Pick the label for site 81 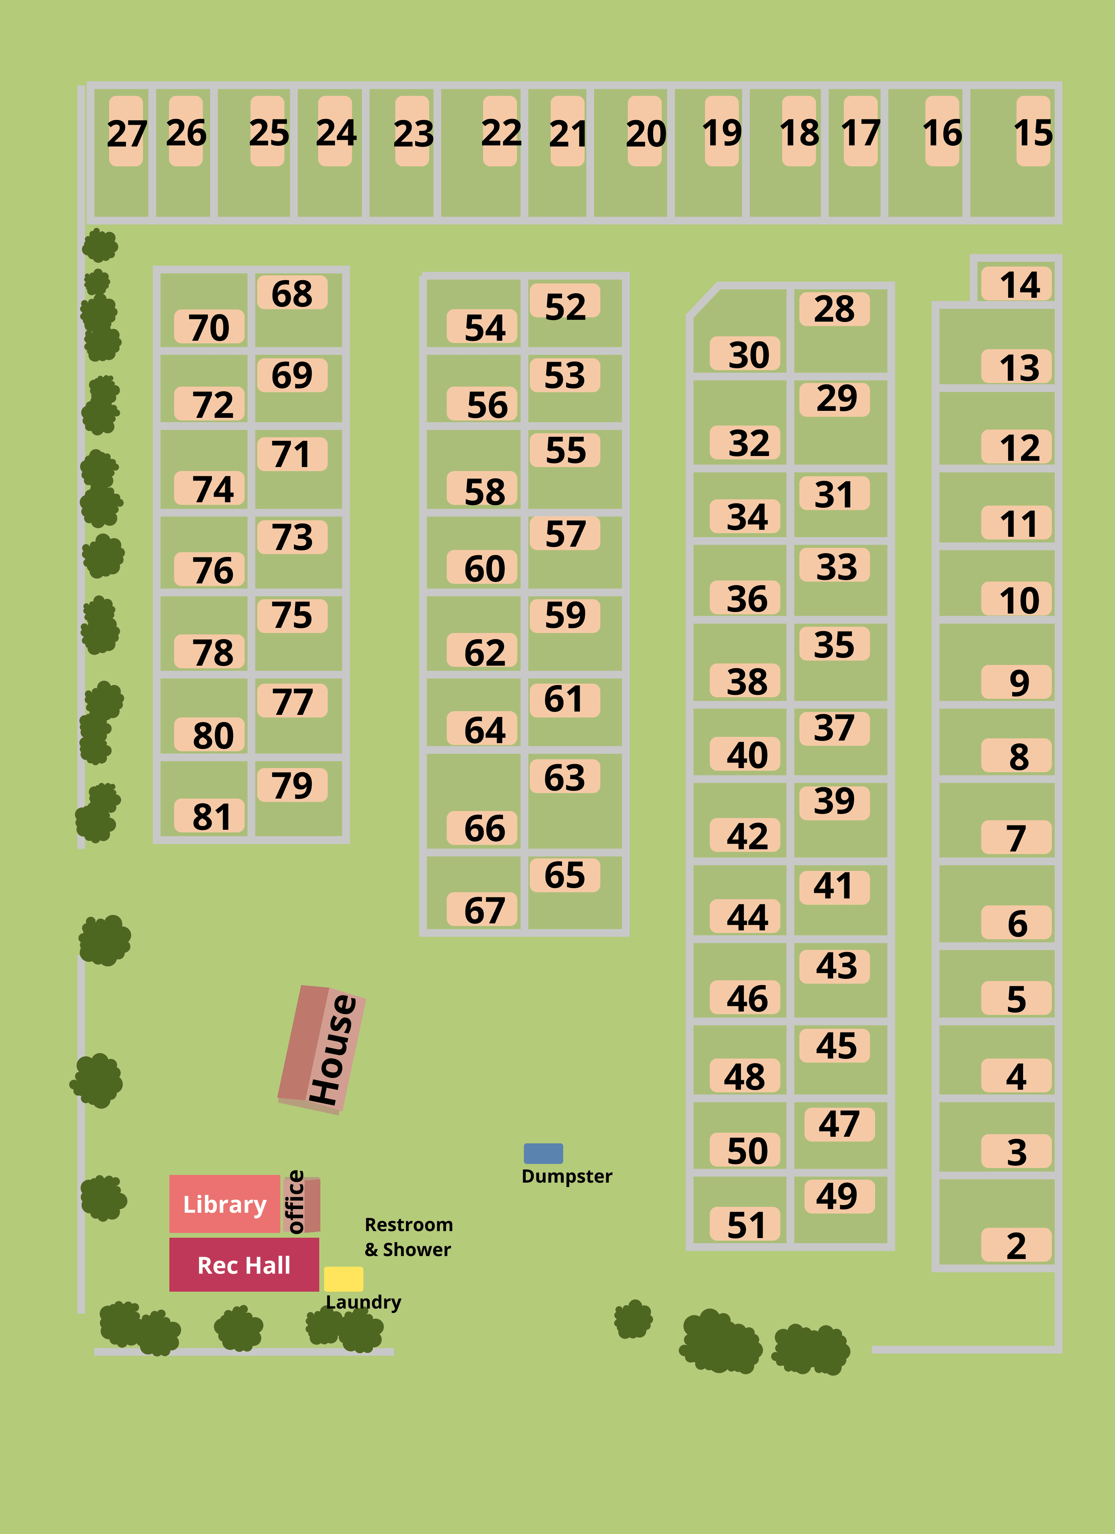210,816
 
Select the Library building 224,1204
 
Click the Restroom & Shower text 409,1237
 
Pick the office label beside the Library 296,1202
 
